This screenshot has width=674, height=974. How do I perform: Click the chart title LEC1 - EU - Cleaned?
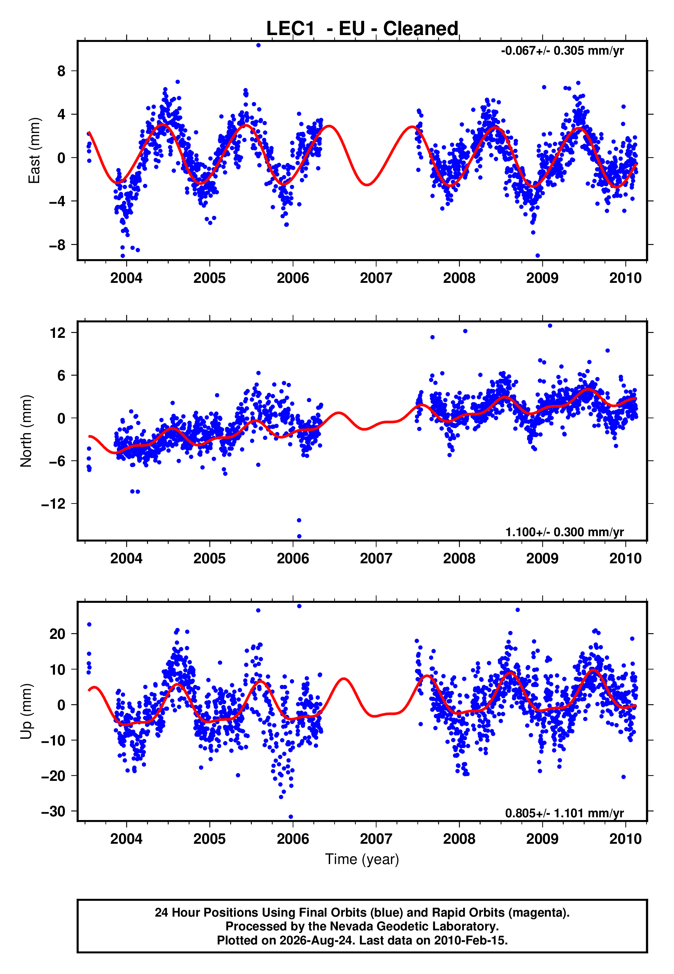tap(362, 29)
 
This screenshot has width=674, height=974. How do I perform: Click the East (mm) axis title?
tap(34, 151)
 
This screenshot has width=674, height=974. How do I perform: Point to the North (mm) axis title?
tap(26, 431)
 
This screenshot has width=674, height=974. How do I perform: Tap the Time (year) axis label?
tap(362, 860)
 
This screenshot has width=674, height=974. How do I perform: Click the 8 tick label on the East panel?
tap(61, 71)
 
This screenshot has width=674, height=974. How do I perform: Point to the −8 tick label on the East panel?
tap(57, 245)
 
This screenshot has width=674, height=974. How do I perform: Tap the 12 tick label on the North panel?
tap(58, 333)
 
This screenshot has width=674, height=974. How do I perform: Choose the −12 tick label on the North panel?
tap(54, 504)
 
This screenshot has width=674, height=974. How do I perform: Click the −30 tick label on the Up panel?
tap(54, 811)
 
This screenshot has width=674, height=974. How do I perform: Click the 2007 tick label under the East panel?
tap(376, 278)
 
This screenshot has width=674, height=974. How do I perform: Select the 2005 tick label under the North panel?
tap(210, 558)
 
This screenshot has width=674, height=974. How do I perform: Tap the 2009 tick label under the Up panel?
tap(542, 839)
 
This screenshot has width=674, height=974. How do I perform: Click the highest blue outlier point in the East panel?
tap(258, 45)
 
